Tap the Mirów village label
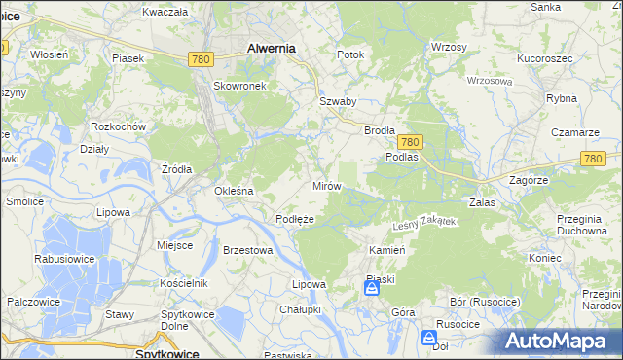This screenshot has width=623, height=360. click(x=325, y=185)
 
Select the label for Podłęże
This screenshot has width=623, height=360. click(x=294, y=220)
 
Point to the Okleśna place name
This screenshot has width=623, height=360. click(x=234, y=191)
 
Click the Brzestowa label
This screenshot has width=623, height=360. click(x=247, y=250)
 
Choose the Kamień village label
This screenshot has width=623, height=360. click(x=385, y=250)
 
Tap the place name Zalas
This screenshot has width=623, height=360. click(x=483, y=203)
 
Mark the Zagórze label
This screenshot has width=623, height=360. click(x=530, y=180)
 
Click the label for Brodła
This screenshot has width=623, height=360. click(x=379, y=129)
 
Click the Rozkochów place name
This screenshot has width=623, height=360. click(x=118, y=126)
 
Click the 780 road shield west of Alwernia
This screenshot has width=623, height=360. click(x=202, y=59)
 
